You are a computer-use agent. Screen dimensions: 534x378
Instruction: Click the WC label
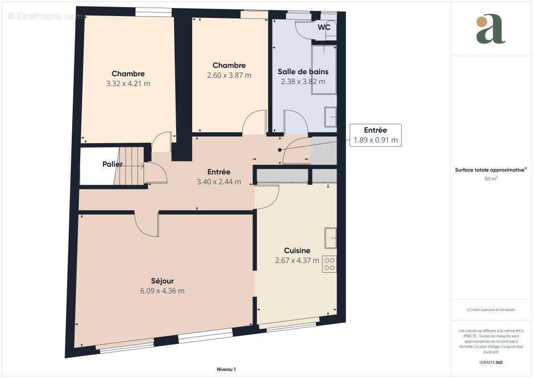324,27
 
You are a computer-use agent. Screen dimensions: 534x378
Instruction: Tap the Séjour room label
162,281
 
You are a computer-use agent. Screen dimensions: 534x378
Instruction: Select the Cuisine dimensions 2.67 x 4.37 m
297,260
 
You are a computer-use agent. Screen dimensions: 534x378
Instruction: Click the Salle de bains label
303,71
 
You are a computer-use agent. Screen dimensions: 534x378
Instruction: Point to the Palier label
112,164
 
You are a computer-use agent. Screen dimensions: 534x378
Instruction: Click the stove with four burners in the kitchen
329,264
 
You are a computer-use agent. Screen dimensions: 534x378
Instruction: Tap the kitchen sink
331,238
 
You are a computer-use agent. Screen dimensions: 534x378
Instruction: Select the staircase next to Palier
129,166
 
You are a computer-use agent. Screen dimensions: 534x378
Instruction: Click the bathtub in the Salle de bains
324,69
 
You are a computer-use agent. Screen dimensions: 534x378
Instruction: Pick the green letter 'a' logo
491,29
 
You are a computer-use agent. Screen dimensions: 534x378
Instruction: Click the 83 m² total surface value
491,179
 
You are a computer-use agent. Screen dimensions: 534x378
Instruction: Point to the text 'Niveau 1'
226,369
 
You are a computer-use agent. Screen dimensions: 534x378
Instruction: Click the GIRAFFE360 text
491,362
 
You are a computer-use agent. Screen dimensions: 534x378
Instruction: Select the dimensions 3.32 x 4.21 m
128,84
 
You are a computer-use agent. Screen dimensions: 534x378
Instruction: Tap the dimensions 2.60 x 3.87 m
229,75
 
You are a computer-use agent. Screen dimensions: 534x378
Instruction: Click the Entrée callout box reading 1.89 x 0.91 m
376,135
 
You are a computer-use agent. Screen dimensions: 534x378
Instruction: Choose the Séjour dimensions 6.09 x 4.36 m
162,291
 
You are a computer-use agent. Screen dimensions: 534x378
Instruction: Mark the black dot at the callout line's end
280,150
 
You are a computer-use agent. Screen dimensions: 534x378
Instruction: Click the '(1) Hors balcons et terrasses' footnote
491,310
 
